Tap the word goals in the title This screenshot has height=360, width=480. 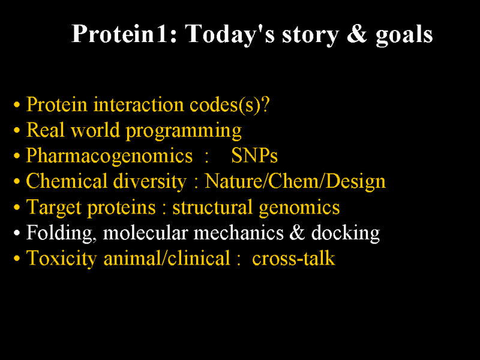click(404, 35)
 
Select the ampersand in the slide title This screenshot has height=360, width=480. click(356, 34)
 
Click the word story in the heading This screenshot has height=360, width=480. click(310, 35)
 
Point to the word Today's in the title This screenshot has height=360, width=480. click(230, 35)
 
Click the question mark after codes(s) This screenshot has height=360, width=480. click(265, 104)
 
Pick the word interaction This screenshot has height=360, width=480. click(139, 104)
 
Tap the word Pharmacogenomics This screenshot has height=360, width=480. click(109, 156)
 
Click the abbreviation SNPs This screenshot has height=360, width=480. click(254, 155)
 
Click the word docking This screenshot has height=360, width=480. click(346, 233)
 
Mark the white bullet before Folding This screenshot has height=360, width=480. click(17, 233)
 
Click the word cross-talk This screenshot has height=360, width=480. click(293, 259)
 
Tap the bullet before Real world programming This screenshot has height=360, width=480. click(17, 130)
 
